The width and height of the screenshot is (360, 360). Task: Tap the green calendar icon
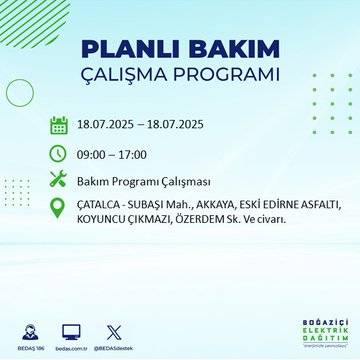coord(59,126)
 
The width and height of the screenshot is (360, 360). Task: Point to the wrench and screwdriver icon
coord(59,180)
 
